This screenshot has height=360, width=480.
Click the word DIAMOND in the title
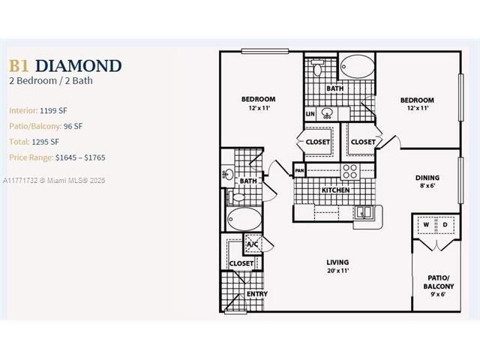click(x=79, y=66)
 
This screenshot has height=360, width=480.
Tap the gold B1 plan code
click(x=19, y=66)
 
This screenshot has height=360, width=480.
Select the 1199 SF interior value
click(x=53, y=110)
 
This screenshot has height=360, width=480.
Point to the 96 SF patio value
click(x=73, y=126)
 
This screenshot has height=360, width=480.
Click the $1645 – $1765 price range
click(x=80, y=157)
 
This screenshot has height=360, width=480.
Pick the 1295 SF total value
click(x=46, y=142)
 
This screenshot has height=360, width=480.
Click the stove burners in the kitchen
click(x=350, y=172)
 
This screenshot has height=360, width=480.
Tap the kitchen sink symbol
click(x=364, y=211)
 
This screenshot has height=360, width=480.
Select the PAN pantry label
click(x=299, y=170)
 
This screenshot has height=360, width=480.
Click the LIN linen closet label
click(x=310, y=114)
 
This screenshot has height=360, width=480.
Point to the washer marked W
click(x=426, y=225)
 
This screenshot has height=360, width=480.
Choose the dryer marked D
click(x=445, y=225)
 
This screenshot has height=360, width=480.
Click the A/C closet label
click(x=253, y=244)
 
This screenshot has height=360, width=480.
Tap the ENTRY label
click(x=257, y=294)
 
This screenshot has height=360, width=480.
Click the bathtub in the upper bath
click(x=357, y=66)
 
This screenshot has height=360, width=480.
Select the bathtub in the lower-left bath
click(x=244, y=219)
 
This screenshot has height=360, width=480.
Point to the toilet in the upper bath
click(x=317, y=67)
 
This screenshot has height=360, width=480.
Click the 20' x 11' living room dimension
click(x=338, y=271)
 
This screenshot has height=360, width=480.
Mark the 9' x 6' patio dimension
click(x=438, y=294)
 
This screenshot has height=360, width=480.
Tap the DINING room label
click(x=427, y=178)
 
